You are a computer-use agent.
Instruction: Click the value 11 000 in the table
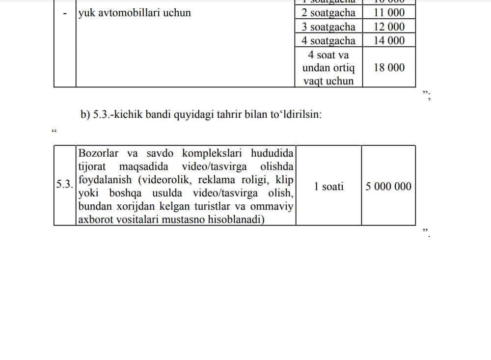(x=389, y=13)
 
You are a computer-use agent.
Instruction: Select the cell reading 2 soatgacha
(x=328, y=13)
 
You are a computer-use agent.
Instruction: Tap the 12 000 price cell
(x=389, y=27)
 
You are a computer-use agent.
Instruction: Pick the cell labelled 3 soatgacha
(x=328, y=27)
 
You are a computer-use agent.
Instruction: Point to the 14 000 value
(x=389, y=40)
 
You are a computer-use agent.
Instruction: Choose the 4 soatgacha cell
(x=328, y=40)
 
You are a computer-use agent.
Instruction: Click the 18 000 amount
(x=389, y=68)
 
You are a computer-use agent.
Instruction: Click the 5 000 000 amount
(x=388, y=186)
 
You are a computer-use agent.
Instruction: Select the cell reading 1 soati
(x=328, y=186)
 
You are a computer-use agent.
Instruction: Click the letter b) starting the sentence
(x=85, y=115)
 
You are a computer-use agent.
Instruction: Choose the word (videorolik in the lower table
(x=164, y=180)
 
